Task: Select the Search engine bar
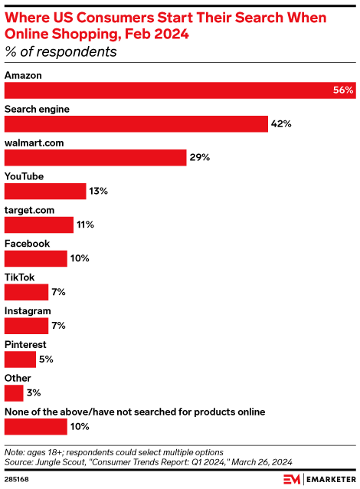(x=135, y=124)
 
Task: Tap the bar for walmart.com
(x=95, y=158)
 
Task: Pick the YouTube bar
(x=45, y=192)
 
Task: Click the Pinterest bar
(x=20, y=359)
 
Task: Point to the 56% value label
(x=342, y=90)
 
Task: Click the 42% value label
(x=280, y=124)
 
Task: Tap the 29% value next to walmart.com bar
(x=200, y=158)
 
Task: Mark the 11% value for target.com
(x=84, y=225)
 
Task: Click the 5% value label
(x=46, y=359)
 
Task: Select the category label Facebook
(x=28, y=244)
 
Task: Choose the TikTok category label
(x=20, y=277)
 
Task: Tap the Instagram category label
(x=28, y=310)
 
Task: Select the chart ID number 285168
(x=17, y=478)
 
